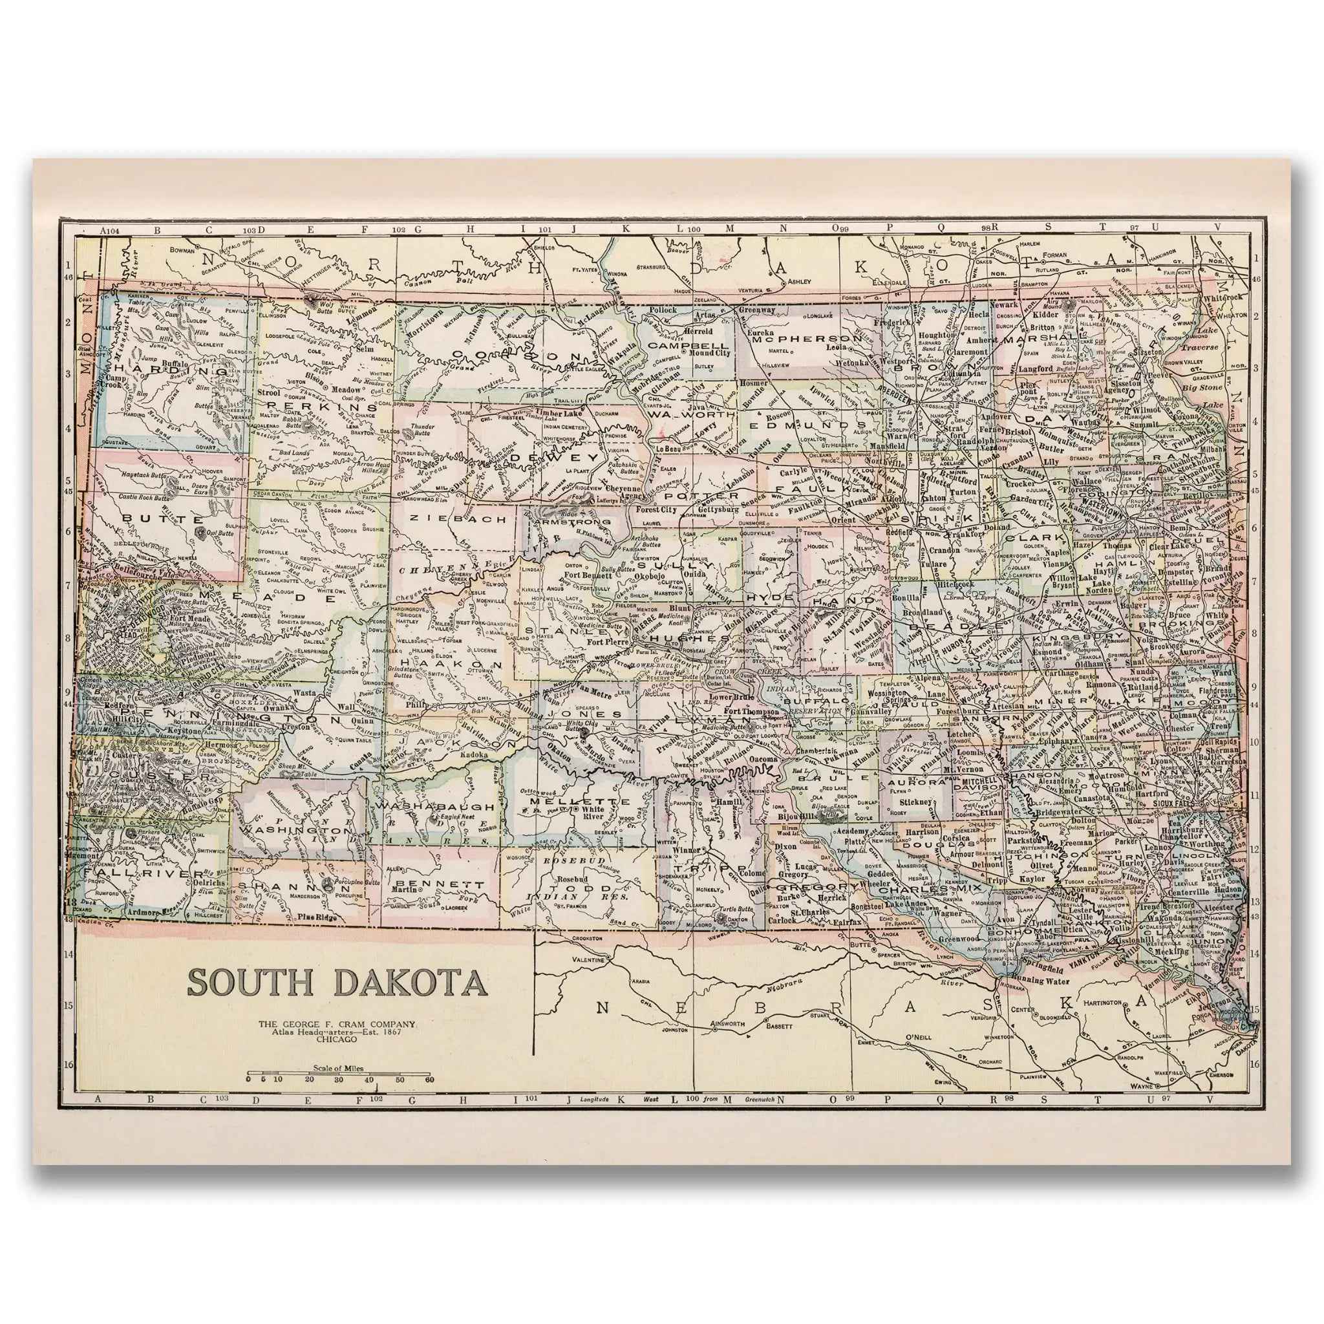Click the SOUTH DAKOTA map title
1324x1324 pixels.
337,982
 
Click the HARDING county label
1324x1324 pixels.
171,370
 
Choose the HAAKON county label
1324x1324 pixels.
451,665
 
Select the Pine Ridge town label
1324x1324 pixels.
317,916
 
